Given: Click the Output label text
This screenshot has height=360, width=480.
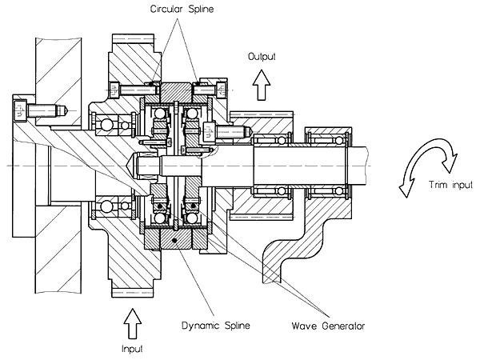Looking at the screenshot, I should click(x=262, y=57).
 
